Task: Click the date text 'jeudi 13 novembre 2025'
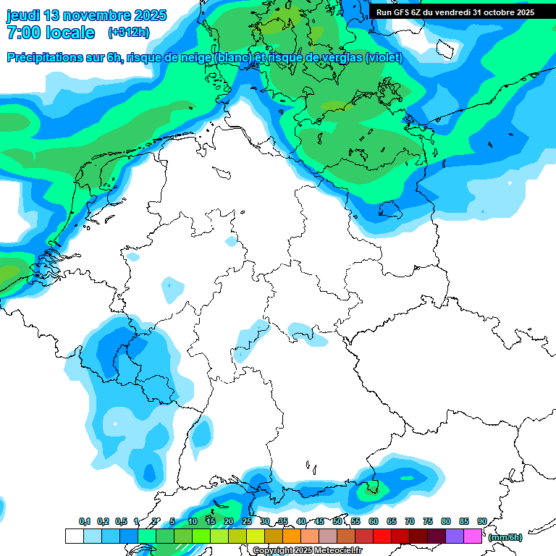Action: coord(86,15)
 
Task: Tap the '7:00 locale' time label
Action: coord(51,33)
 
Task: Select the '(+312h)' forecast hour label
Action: coord(128,33)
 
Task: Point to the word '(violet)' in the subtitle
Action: coord(384,58)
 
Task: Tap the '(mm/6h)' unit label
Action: coord(505,537)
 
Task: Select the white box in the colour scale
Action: coord(75,536)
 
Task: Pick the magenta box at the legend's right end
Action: coord(473,536)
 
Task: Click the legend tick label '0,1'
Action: coord(85,522)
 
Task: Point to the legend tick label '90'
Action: coord(482,522)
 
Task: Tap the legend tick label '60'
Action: coord(374,522)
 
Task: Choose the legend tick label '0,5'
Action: coord(121,522)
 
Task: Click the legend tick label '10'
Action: coord(193,522)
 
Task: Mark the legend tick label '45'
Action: coord(319,522)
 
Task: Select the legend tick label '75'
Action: coord(428,522)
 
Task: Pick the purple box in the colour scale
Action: coord(455,536)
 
